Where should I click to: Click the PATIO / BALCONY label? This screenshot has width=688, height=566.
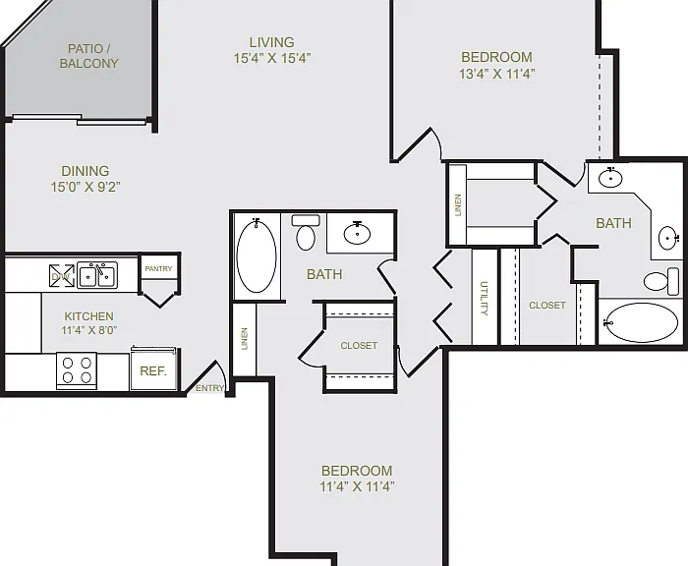tap(88, 56)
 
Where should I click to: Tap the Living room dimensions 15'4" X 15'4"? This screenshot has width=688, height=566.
tap(272, 58)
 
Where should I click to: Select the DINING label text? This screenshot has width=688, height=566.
tap(86, 171)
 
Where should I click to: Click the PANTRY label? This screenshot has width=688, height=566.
tap(158, 268)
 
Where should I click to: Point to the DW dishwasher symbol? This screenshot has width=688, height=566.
tap(61, 276)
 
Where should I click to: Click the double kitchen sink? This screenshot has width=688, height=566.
tap(97, 275)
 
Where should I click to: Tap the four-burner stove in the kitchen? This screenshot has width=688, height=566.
tap(77, 370)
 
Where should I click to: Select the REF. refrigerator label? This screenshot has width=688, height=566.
tap(153, 371)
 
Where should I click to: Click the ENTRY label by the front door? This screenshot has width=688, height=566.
tap(209, 388)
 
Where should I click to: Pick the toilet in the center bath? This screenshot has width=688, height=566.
tap(306, 233)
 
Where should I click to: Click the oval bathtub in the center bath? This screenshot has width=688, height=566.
tap(257, 255)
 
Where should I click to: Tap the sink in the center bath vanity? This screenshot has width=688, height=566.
tap(357, 233)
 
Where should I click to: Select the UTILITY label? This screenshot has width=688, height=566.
tap(484, 299)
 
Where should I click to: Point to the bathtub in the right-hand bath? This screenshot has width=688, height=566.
tap(641, 322)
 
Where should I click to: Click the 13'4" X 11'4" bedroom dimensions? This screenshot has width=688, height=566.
tap(497, 74)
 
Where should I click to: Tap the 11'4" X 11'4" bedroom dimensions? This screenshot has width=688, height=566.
tap(357, 486)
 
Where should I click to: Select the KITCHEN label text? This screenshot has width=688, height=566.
tap(89, 316)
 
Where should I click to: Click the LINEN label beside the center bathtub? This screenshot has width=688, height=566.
tap(245, 339)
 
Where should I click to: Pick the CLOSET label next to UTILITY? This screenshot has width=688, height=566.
tap(547, 305)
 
